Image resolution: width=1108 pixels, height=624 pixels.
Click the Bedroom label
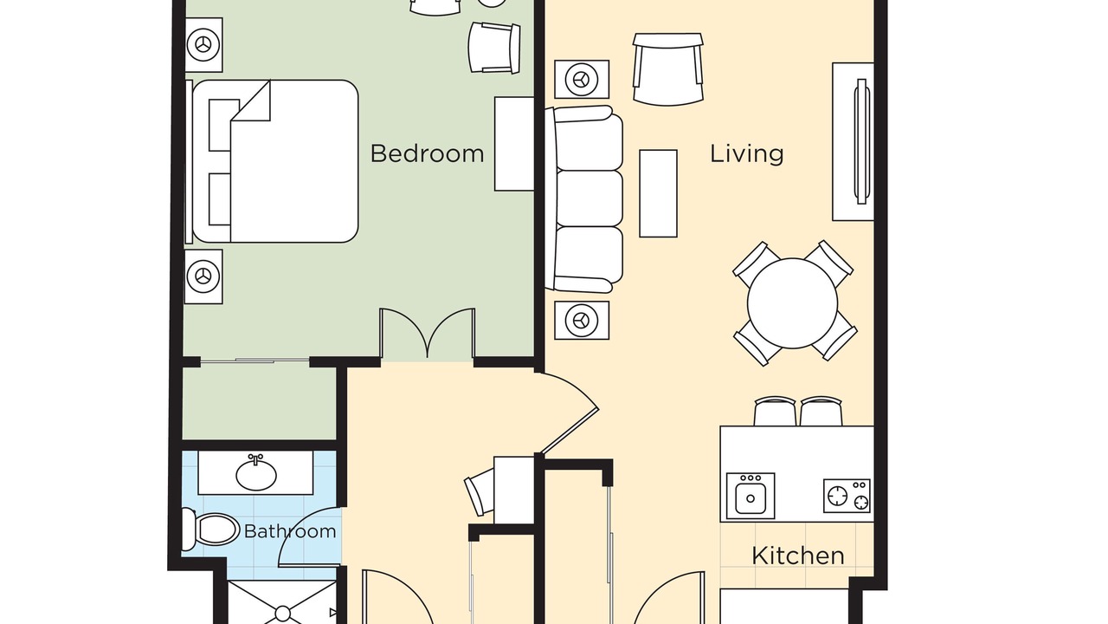click(x=427, y=153)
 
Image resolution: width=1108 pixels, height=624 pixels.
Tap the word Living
click(x=746, y=154)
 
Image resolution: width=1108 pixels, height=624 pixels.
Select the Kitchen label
click(x=798, y=556)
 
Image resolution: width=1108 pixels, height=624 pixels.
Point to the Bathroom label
click(x=290, y=531)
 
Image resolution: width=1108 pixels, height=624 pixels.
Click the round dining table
click(x=792, y=303)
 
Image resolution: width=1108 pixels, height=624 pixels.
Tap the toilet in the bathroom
click(x=210, y=530)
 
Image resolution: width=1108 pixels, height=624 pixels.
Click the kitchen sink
click(x=750, y=496)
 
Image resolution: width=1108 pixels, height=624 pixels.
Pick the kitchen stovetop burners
click(x=847, y=496)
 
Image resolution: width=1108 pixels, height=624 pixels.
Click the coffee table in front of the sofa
click(x=659, y=193)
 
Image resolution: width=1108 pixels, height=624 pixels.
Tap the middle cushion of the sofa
click(x=589, y=198)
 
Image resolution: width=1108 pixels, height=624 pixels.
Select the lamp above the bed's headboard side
click(x=203, y=44)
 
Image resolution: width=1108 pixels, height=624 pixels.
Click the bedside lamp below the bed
click(x=203, y=276)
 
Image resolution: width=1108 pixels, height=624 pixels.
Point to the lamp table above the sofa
click(x=582, y=79)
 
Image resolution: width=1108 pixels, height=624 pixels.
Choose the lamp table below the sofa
click(x=582, y=321)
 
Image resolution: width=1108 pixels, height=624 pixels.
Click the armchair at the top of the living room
click(x=667, y=69)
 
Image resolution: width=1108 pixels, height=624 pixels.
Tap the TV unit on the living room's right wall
click(x=854, y=141)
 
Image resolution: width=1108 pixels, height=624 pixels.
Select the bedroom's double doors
click(x=428, y=333)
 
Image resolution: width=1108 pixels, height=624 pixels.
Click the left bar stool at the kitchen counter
click(x=775, y=411)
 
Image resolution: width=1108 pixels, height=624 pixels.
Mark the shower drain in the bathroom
click(x=282, y=614)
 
